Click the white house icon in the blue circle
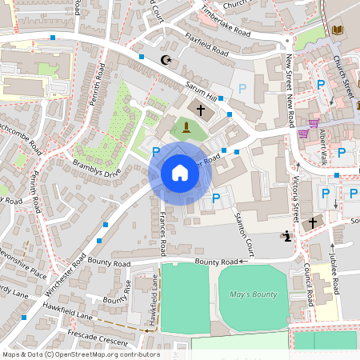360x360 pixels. [180, 173]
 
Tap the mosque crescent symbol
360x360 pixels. [166, 60]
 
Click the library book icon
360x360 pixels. [338, 30]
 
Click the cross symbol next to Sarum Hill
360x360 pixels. [201, 108]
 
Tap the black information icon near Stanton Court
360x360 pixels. [286, 236]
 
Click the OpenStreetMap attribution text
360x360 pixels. [80, 354]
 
